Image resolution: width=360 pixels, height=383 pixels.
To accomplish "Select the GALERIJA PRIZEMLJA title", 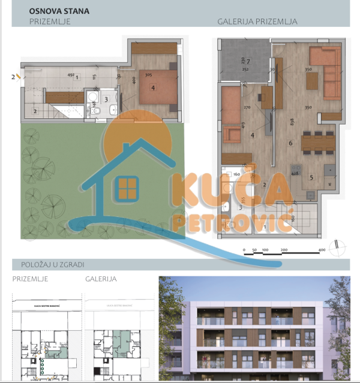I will click(x=257, y=22).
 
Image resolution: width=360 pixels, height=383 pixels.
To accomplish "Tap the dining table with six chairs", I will click(x=317, y=141).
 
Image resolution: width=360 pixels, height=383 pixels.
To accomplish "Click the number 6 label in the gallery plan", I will click(x=290, y=143).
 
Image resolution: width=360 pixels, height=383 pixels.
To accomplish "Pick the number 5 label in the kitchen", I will click(x=311, y=177).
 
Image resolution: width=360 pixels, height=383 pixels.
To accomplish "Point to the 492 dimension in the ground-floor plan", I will click(x=71, y=75).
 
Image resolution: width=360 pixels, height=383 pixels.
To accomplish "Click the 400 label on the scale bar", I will click(x=322, y=249).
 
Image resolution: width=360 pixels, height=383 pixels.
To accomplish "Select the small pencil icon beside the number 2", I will click(x=19, y=77).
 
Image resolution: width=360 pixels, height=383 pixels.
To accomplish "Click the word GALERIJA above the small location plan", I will click(x=101, y=279).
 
